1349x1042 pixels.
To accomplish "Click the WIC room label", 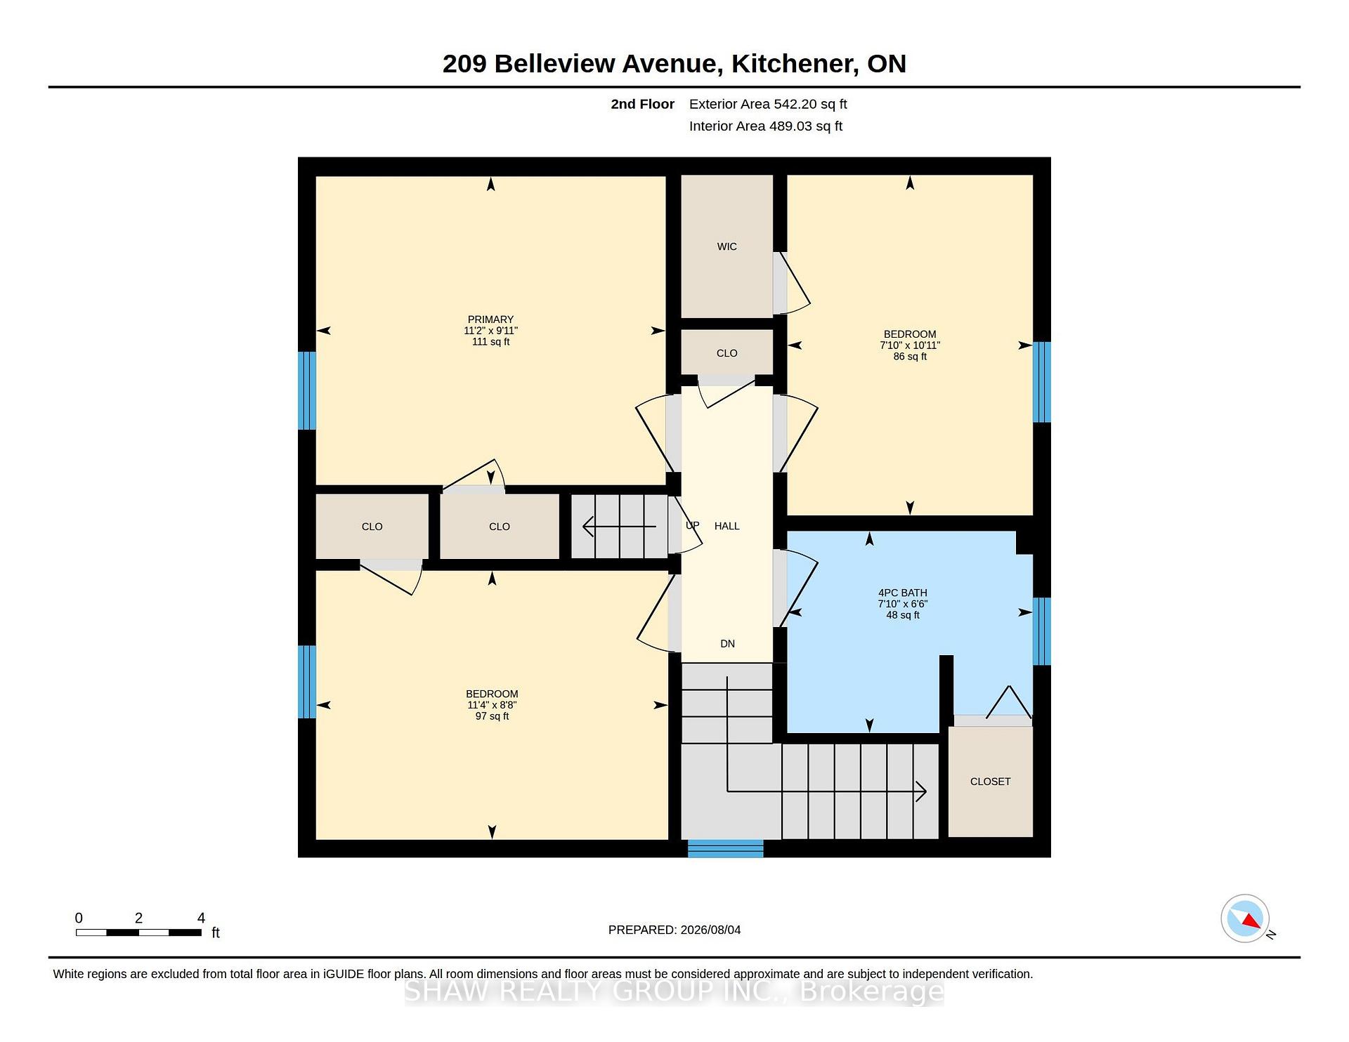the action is pos(726,246).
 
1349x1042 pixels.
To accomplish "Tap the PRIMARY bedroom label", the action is pos(490,319).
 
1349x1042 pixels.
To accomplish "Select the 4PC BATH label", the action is pos(902,593).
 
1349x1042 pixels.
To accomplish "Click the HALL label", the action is pos(726,526).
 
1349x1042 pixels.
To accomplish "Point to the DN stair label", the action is pos(727,644).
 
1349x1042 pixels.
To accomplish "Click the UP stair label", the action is pos(692,525).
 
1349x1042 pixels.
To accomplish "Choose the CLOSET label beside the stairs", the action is pos(990,781).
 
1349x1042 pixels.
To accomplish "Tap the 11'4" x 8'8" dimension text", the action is pos(492,705).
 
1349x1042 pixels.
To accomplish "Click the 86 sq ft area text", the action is pos(910,357).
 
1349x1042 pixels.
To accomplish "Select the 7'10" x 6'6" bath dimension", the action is pos(902,604).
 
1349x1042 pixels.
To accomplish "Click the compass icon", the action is pos(1246,918).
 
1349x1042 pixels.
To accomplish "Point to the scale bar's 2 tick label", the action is pos(138,918).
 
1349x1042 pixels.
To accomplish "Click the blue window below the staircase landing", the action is pos(725,848).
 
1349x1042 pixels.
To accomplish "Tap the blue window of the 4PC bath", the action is pos(1041,631).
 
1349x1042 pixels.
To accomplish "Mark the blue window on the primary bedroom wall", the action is pos(307,390).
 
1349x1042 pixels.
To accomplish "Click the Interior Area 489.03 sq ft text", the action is pos(765,126).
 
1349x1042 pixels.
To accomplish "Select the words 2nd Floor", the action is pos(642,104).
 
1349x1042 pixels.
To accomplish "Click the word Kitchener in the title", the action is pos(794,64).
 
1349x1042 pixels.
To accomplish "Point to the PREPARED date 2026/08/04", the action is pos(710,930).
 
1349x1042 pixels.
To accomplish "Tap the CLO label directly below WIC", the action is pos(726,353).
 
